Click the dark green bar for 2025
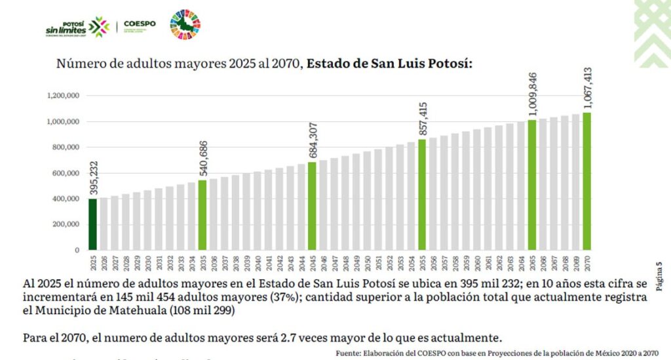pos(93,224)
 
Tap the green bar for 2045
pos(312,205)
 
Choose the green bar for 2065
pos(531,184)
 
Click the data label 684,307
pos(313,140)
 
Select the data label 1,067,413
pos(587,89)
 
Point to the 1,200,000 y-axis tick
pos(64,96)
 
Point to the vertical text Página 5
pos(659,276)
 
